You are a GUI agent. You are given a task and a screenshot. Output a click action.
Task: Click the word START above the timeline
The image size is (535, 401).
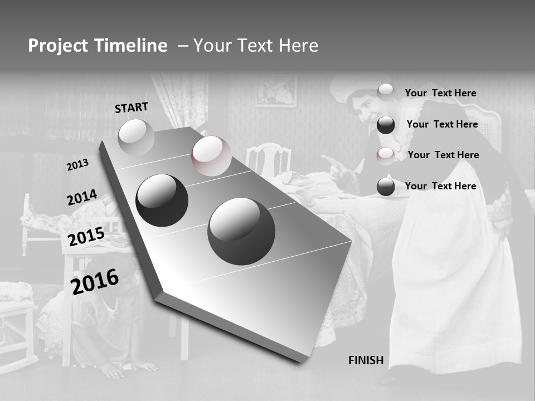[x=132, y=107]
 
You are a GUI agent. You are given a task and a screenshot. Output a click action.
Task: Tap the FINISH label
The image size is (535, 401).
[x=366, y=360]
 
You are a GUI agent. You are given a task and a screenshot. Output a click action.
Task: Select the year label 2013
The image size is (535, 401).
[x=77, y=165]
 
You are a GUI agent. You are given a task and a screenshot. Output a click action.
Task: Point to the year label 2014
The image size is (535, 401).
[x=82, y=198]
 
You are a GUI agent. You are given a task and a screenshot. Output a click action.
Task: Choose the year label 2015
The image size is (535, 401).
[x=86, y=237]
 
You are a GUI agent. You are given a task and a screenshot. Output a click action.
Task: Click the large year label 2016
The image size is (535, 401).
[x=95, y=282]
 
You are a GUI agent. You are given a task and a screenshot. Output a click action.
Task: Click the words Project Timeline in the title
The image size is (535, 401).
[x=98, y=46]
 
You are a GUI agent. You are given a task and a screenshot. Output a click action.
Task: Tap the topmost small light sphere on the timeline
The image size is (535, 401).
[x=136, y=137]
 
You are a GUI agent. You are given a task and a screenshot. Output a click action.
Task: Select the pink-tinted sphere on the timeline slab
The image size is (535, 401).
[x=211, y=155]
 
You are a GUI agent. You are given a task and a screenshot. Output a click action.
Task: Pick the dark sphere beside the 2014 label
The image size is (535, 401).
[x=162, y=200]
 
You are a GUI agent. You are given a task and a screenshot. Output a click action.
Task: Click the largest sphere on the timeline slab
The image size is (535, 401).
[x=241, y=231]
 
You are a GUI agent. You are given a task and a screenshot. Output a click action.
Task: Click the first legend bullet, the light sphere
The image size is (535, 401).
[x=386, y=92]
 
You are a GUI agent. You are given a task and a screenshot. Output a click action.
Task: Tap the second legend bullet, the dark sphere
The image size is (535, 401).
[x=386, y=125]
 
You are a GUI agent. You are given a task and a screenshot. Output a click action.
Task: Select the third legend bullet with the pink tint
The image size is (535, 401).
[x=386, y=156]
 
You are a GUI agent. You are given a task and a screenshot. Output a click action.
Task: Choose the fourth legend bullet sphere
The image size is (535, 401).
[x=386, y=187]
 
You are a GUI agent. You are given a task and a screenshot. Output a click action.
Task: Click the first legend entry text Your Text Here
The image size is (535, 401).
[x=440, y=93]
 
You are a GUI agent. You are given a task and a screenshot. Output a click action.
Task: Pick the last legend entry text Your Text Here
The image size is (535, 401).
[x=440, y=186]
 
